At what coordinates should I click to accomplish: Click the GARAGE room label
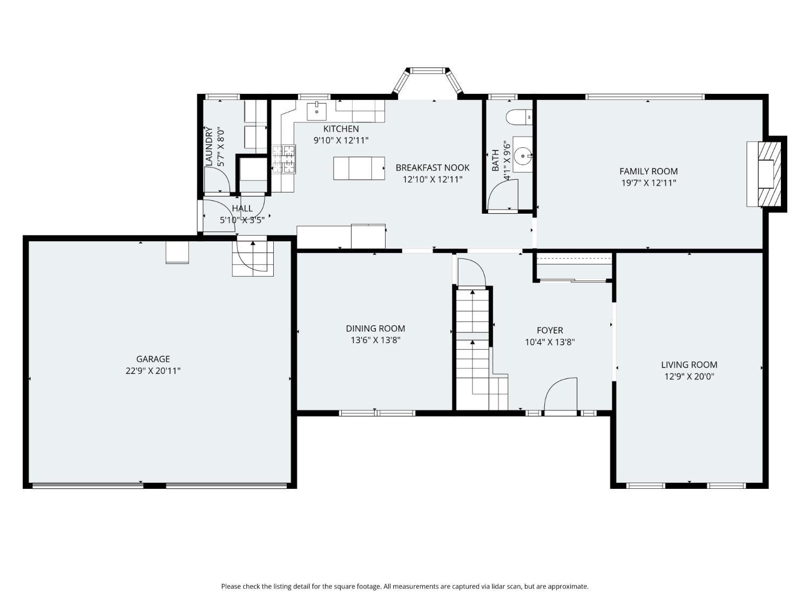153,359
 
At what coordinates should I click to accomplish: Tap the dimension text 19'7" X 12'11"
648,183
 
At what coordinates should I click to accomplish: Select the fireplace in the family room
767,174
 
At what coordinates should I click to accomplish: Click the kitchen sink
316,112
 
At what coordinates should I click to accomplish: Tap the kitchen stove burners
283,159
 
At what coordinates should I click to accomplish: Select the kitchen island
359,168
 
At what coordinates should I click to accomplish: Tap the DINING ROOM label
375,328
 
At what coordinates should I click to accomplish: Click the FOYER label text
550,330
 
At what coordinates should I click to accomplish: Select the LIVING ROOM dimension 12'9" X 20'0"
689,377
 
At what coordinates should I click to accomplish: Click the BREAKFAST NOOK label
433,168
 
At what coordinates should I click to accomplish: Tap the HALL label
242,208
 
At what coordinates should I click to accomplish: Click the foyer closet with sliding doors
573,268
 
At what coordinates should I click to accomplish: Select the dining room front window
377,413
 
